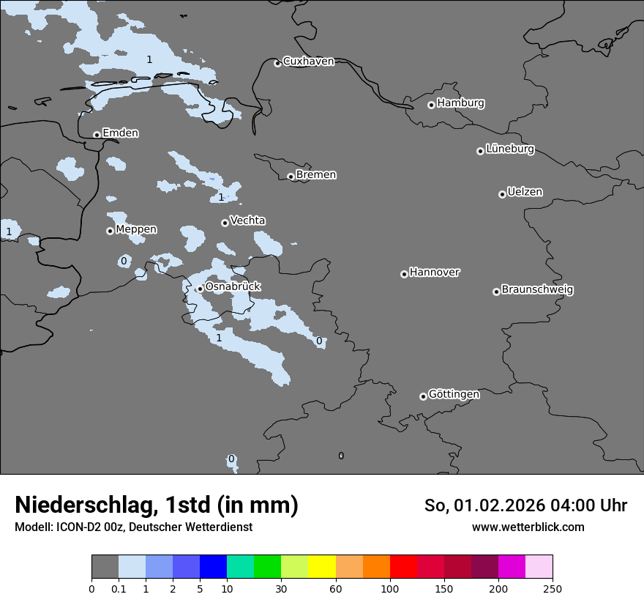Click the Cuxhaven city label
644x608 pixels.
[308, 62]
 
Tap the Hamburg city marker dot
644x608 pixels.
[432, 105]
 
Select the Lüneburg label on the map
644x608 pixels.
[509, 149]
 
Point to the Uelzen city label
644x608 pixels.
[525, 193]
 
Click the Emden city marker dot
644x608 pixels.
[97, 135]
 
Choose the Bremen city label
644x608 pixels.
[316, 175]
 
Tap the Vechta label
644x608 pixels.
[247, 221]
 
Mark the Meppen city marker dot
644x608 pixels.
[110, 231]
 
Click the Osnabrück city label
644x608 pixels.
[233, 287]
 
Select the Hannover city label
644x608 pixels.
[434, 273]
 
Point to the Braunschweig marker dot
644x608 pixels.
[496, 292]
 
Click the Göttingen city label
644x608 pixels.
[454, 395]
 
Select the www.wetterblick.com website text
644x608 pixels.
[528, 527]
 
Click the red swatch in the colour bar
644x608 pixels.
[403, 567]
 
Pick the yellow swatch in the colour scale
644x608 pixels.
[322, 567]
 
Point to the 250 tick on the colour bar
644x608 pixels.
[552, 588]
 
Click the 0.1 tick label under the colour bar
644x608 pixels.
[119, 588]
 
